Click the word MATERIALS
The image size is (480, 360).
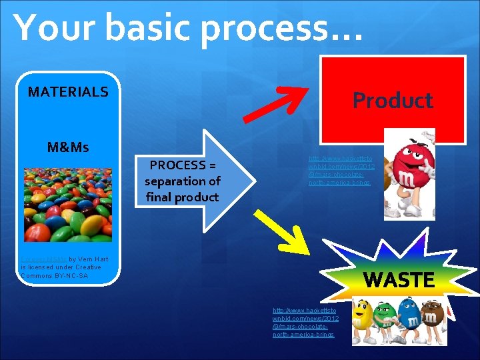tap(68, 92)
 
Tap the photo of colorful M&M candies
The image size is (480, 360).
tap(68, 204)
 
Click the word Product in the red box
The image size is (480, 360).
tap(393, 101)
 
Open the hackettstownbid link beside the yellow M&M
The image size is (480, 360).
tap(305, 322)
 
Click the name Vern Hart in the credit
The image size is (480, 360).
tap(86, 258)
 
